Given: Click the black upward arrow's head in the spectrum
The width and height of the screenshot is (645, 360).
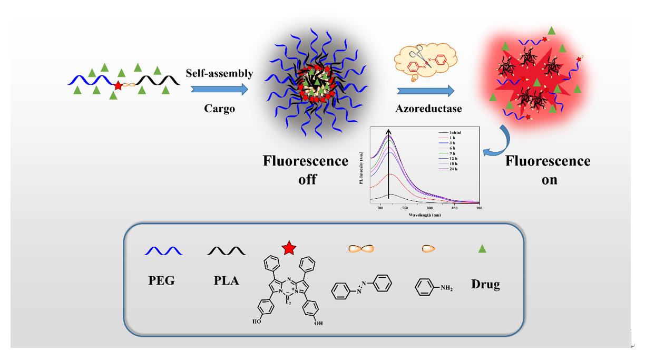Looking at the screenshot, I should tap(389, 132).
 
